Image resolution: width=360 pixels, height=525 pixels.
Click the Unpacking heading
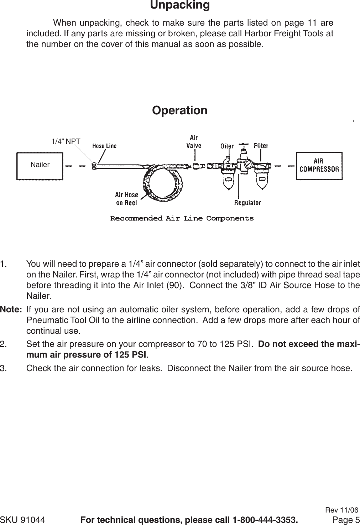click(x=180, y=5)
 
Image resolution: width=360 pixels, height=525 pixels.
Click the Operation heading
click(x=179, y=110)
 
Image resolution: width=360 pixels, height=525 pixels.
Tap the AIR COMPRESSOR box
click(x=319, y=166)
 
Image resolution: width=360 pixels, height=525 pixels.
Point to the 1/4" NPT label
click(x=66, y=141)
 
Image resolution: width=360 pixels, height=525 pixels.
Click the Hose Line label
click(x=104, y=146)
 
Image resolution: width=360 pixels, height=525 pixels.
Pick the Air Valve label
click(x=194, y=141)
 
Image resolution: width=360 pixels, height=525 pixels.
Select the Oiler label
click(x=227, y=146)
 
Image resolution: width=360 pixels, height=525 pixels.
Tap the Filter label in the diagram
click(x=261, y=146)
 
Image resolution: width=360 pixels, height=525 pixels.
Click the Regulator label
click(x=247, y=203)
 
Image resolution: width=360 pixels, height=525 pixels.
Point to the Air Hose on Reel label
click(x=126, y=199)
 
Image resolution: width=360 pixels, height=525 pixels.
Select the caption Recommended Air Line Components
click(x=182, y=218)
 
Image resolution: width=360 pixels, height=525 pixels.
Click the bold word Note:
click(x=11, y=309)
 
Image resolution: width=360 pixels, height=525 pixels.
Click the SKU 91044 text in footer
click(x=23, y=520)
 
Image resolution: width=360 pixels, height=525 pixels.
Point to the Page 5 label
click(x=346, y=520)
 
